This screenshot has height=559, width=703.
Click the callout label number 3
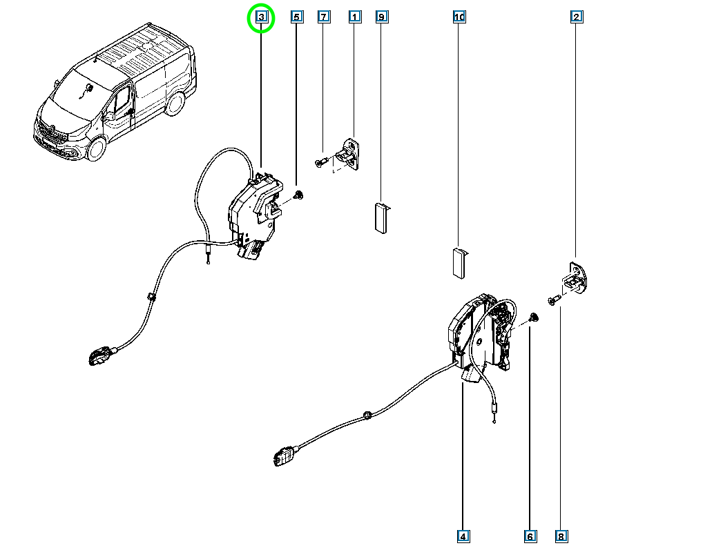coord(262,17)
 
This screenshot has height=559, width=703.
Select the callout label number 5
coord(297,17)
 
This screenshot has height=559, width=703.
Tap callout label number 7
coord(324,17)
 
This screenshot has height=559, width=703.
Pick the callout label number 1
coord(355,17)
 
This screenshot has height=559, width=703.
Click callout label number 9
coord(381,17)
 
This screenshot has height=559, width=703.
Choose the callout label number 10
coord(459,17)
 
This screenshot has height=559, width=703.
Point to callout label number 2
coord(577,17)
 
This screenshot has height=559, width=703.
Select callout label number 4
coord(463,537)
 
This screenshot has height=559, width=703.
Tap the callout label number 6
coord(530,537)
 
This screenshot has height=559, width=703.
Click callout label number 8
coord(561,537)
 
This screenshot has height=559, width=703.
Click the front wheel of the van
coord(95,148)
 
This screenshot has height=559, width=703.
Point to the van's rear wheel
coord(175,104)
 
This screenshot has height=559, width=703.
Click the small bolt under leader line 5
coord(298,195)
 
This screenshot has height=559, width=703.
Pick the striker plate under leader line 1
coord(350,155)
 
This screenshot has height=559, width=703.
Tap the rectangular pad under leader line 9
coord(381,218)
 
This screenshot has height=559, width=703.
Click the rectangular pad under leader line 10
coord(459,264)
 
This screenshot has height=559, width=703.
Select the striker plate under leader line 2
coord(575,278)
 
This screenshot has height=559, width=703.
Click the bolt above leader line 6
coord(533,318)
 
